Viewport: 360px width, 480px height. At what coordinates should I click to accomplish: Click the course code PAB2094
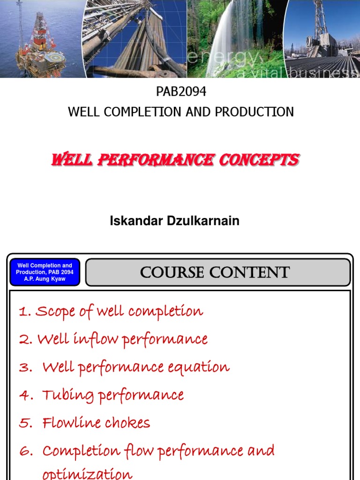coord(181,92)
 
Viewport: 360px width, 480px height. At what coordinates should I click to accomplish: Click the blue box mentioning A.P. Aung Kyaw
coord(45,272)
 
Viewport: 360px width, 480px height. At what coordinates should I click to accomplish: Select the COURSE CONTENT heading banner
coord(217,272)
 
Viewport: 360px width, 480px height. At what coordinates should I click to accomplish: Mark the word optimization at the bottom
coord(88,473)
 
